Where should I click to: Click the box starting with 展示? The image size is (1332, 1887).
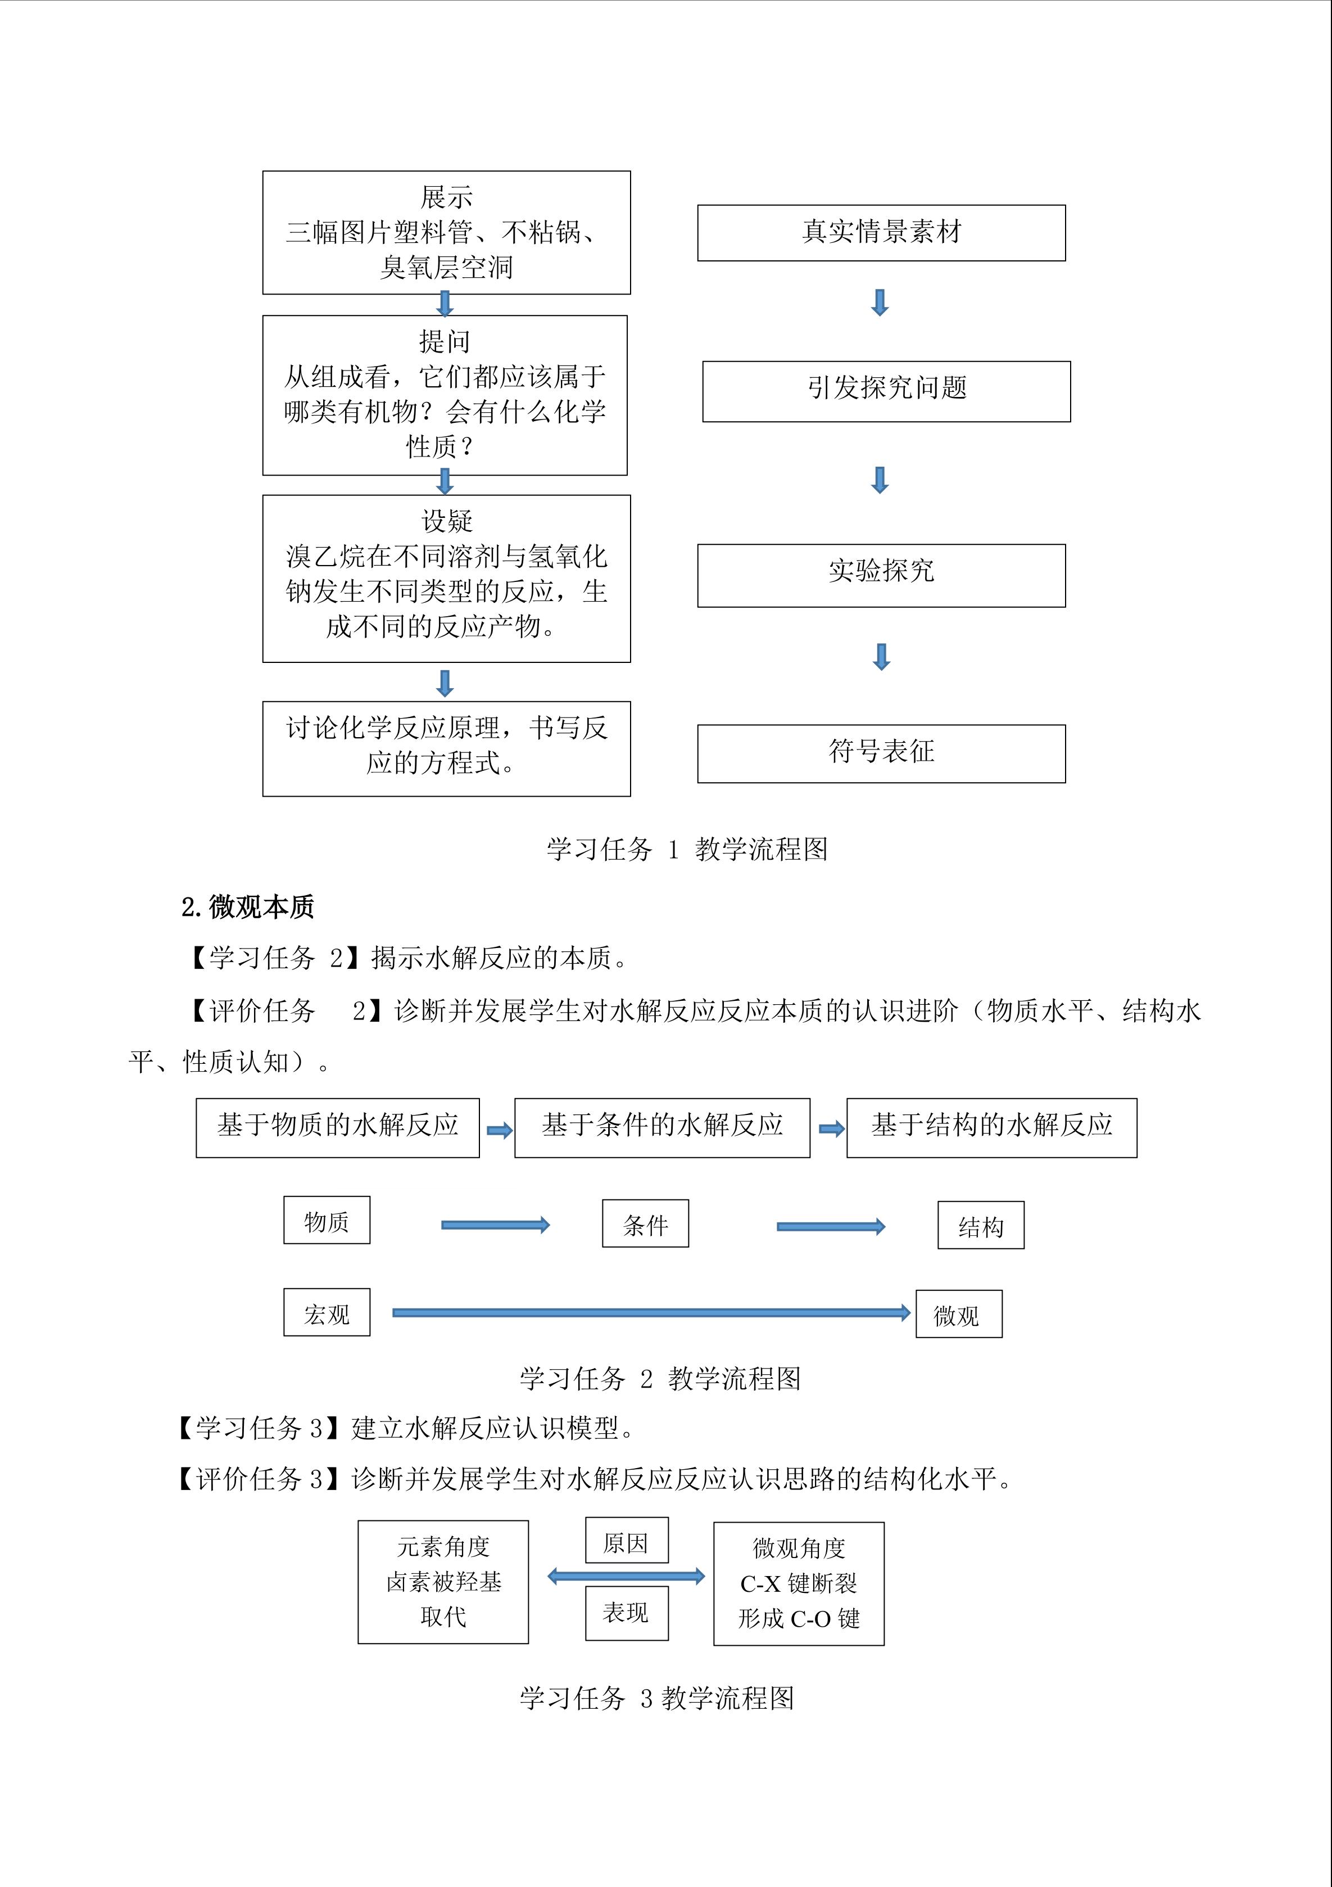[446, 233]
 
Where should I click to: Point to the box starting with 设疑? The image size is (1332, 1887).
[446, 578]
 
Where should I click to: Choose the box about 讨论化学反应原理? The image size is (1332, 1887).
[446, 748]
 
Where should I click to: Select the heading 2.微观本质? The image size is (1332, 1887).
[247, 906]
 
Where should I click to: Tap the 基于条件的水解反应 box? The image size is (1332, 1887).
[662, 1127]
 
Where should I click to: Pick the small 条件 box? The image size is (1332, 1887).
[645, 1223]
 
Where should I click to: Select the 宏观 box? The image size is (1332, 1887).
[326, 1312]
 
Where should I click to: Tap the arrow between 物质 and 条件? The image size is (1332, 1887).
[495, 1225]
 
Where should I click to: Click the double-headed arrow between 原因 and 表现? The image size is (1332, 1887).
[626, 1575]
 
